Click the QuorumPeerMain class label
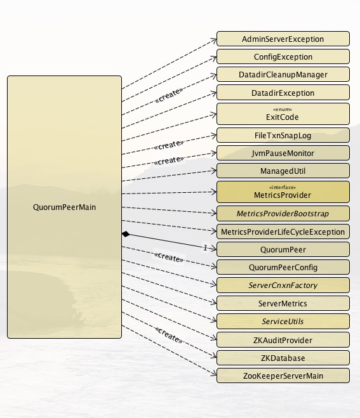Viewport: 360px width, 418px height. click(64, 207)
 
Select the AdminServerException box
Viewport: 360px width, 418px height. click(283, 39)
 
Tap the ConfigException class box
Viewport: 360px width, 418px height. click(283, 56)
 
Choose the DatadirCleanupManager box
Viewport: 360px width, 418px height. click(283, 74)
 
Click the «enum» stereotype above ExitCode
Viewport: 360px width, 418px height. click(283, 109)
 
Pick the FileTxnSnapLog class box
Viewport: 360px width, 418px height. click(283, 136)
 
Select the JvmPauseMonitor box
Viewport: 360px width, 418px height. click(283, 153)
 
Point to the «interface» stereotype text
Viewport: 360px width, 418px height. click(283, 187)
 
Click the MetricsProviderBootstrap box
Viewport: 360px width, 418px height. click(283, 214)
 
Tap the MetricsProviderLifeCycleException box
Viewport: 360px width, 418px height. click(283, 232)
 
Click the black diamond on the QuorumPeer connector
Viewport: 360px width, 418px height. click(126, 234)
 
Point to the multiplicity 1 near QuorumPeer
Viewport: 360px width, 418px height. click(205, 247)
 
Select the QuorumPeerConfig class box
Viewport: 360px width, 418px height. click(283, 267)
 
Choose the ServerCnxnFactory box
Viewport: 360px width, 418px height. click(283, 285)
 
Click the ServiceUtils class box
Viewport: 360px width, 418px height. click(283, 321)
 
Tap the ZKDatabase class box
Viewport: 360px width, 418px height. click(283, 358)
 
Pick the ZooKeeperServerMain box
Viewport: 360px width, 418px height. click(283, 376)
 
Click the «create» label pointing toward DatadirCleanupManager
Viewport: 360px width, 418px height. click(169, 95)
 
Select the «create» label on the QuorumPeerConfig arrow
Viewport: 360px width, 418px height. click(169, 257)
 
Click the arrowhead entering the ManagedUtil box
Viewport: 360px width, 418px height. click(214, 171)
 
